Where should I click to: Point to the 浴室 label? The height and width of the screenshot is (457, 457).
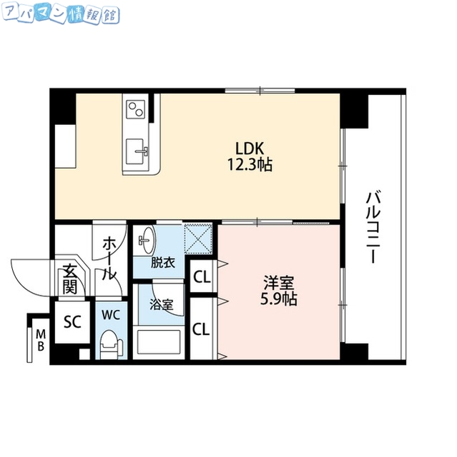(161, 304)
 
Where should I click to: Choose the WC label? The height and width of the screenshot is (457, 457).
(110, 314)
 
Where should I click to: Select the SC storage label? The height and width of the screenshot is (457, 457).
(72, 321)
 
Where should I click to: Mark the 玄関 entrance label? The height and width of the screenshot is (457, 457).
(70, 278)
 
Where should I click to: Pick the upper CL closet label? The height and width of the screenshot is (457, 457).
(202, 277)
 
